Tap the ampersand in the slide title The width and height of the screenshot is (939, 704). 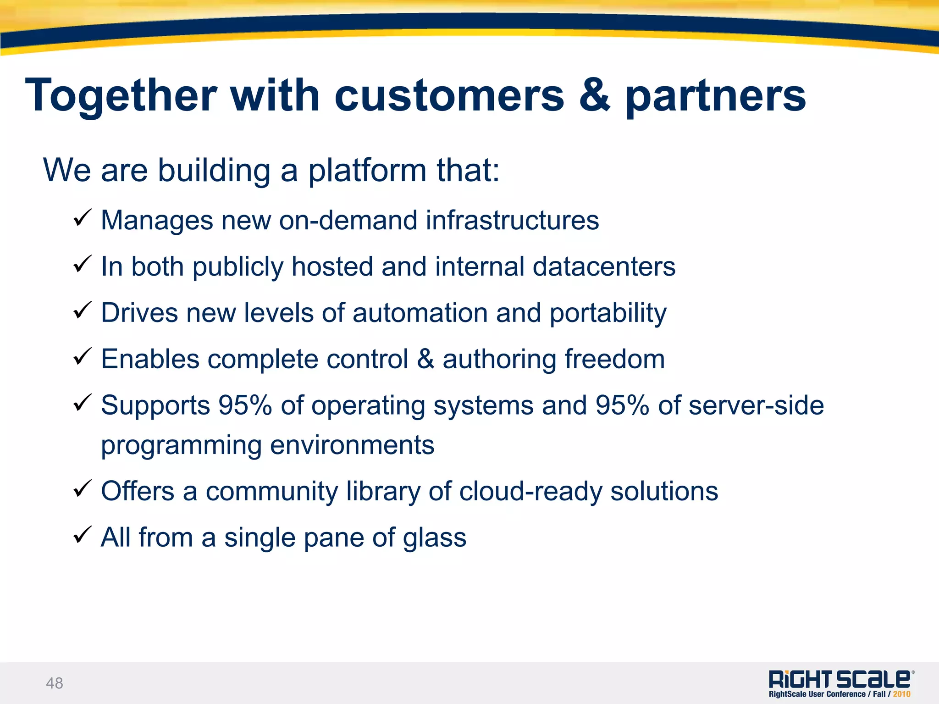click(x=595, y=95)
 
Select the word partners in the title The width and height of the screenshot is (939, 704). click(x=716, y=96)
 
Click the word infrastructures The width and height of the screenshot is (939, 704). click(x=512, y=220)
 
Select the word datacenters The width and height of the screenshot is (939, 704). click(x=604, y=266)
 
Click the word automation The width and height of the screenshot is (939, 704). click(x=420, y=313)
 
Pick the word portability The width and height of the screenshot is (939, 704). click(x=608, y=314)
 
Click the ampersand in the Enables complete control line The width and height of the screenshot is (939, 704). click(x=425, y=359)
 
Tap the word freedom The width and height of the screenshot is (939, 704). click(x=614, y=359)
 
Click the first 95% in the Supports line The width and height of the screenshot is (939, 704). click(x=245, y=405)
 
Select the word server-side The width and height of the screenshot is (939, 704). click(x=756, y=405)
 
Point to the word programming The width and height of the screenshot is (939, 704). click(x=181, y=446)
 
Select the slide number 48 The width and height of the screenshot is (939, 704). click(x=55, y=683)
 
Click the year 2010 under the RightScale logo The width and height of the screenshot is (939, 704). click(x=901, y=694)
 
